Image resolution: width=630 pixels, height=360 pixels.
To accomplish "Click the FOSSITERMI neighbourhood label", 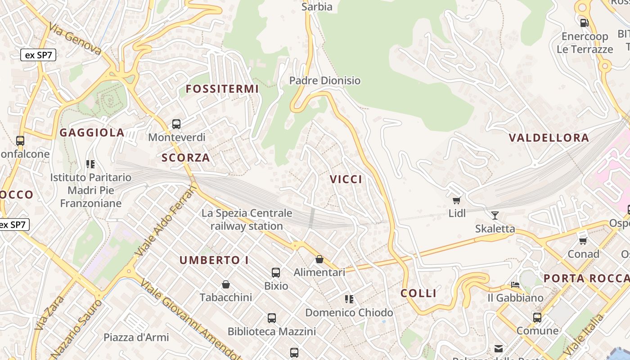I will point(222,89).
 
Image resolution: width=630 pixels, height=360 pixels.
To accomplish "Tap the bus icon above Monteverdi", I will point(176,124).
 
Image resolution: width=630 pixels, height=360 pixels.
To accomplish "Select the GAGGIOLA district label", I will point(92,133).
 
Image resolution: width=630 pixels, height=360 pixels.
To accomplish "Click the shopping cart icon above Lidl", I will point(457,200).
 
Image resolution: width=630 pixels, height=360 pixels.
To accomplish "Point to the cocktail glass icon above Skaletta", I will point(495,216).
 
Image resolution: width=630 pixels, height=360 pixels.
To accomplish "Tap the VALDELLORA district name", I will point(549,138).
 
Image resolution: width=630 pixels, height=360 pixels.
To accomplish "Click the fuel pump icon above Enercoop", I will point(584,22).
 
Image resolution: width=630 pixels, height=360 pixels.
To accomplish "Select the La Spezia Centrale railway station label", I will point(247,220).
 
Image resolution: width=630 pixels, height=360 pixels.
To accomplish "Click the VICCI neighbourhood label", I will point(346,180).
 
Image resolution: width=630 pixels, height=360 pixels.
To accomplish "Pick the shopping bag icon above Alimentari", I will point(319,259).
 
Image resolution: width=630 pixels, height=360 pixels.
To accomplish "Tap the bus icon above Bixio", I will point(276,273).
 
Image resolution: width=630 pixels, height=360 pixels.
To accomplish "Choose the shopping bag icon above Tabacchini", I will point(226,284).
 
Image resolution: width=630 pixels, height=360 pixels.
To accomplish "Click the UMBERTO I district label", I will point(214,260).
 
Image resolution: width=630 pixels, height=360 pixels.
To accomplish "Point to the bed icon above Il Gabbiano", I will point(515,285).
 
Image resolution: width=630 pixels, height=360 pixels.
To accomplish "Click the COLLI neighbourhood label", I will point(418,293).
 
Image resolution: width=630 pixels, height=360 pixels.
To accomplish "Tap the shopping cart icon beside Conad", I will point(583,241).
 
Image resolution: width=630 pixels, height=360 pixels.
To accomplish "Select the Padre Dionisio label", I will point(325,81).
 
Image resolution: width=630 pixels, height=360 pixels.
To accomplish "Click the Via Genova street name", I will point(76,39).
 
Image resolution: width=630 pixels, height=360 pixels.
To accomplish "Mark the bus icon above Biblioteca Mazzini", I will point(272,318).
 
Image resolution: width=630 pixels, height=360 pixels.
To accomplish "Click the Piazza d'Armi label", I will point(136,337).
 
